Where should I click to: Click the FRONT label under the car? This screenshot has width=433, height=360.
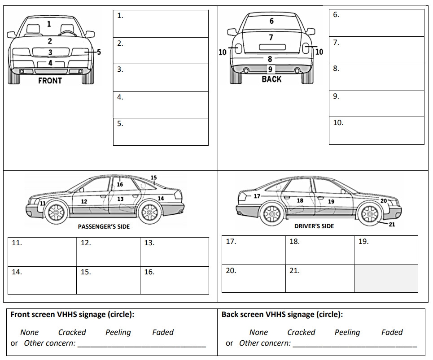(x=50, y=81)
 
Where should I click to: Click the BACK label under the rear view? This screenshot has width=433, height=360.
(x=271, y=79)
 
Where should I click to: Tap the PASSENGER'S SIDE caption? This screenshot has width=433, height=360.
(x=104, y=226)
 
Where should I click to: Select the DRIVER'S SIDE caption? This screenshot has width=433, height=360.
(x=314, y=226)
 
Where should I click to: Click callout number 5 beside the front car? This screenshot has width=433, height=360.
(x=99, y=52)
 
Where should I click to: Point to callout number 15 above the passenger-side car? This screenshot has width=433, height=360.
(x=153, y=178)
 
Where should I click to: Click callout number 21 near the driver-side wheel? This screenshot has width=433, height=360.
(x=392, y=224)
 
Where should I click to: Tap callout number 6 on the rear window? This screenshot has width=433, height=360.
(x=271, y=21)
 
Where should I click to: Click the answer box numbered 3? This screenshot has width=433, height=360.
(x=161, y=78)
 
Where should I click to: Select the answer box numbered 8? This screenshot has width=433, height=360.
(x=376, y=77)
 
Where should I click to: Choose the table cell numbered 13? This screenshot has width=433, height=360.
(x=174, y=252)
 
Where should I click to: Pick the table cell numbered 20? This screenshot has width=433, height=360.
(x=254, y=278)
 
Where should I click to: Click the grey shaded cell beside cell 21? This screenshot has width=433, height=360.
(x=386, y=278)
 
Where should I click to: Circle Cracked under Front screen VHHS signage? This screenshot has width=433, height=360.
(x=72, y=332)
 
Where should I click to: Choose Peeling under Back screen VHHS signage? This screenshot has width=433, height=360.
(x=347, y=332)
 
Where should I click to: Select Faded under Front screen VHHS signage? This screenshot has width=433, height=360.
(x=162, y=332)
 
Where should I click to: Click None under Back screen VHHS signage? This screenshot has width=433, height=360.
(x=258, y=332)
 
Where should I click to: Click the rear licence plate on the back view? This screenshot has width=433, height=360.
(x=271, y=47)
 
